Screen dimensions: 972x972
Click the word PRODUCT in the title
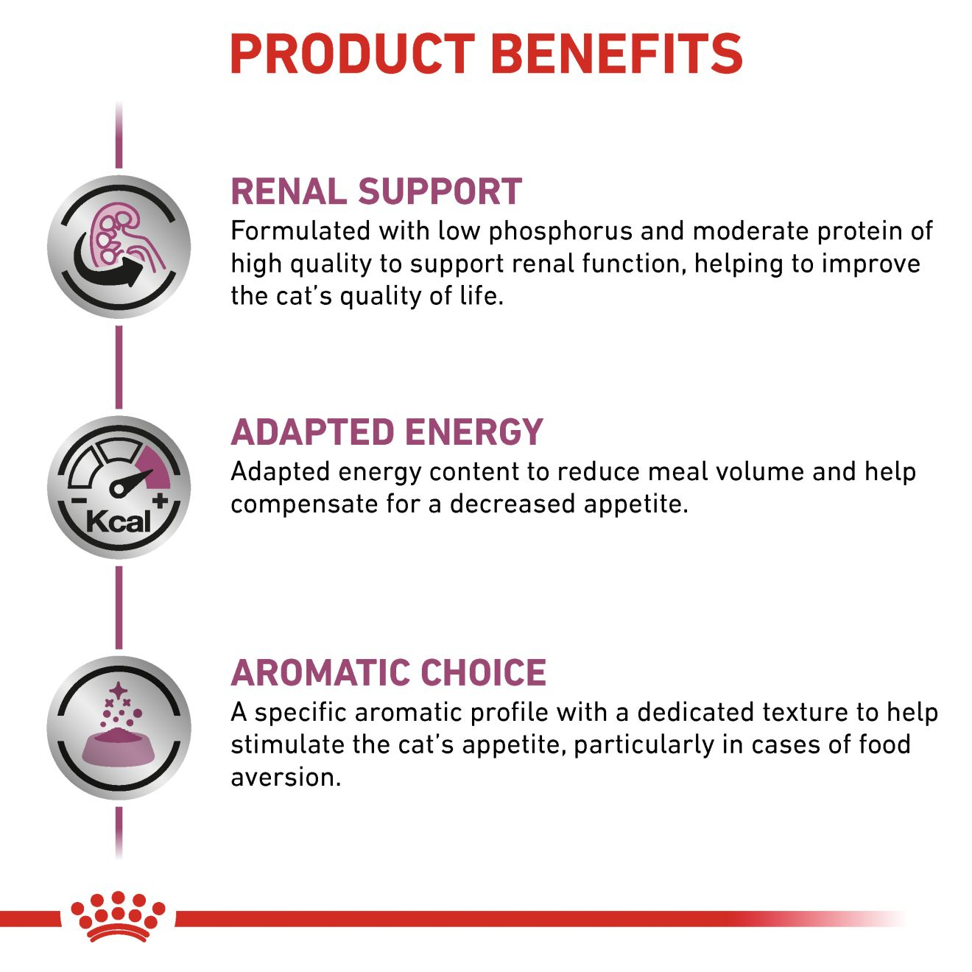click(x=352, y=54)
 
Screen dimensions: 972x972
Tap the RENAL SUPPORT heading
click(x=376, y=191)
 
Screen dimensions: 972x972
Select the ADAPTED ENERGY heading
click(x=387, y=432)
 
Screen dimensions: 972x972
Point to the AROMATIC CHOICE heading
click(x=388, y=672)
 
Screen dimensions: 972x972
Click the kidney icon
click(x=119, y=247)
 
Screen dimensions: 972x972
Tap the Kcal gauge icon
click(x=119, y=487)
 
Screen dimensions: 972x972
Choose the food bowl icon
click(x=119, y=728)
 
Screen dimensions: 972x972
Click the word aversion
click(x=286, y=778)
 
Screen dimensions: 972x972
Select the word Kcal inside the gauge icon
click(x=119, y=521)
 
